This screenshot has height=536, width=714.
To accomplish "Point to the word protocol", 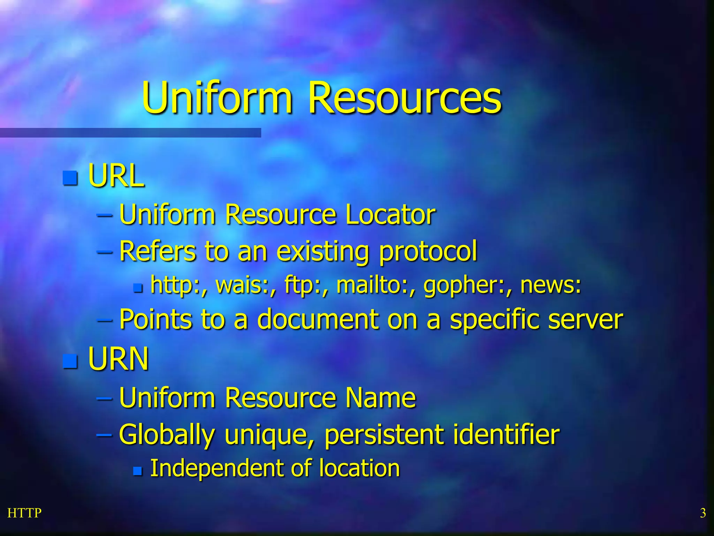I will coord(428,251).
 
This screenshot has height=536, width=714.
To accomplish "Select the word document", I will coord(318,319).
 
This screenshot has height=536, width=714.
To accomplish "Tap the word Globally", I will coord(167,435).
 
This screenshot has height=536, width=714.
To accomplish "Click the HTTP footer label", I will coord(24,513).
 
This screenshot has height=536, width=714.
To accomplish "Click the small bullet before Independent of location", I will coord(138,471).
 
